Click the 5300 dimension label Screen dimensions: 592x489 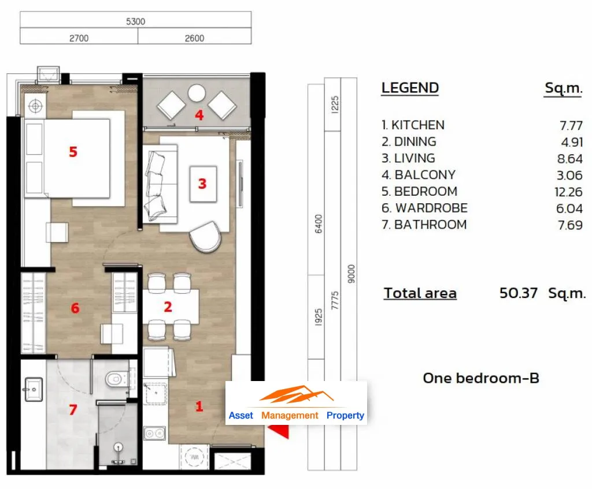[135, 21]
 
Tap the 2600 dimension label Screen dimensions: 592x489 [194, 38]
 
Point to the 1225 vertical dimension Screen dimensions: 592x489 [335, 104]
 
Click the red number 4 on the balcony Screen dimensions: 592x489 [199, 115]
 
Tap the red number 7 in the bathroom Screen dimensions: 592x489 [73, 409]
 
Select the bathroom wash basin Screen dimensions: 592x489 [33, 389]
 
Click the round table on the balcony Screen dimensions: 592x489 [197, 93]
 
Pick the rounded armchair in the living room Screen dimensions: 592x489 [205, 236]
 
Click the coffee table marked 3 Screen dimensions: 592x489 [203, 184]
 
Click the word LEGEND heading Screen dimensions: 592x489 [410, 88]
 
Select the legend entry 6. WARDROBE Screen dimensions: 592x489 [424, 208]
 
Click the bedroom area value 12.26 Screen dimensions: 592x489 [568, 192]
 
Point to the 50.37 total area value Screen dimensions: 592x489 [519, 293]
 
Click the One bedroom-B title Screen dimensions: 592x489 [481, 378]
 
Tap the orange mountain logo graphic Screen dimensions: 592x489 [297, 394]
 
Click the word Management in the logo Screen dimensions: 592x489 [290, 416]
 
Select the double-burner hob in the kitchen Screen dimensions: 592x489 [155, 433]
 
